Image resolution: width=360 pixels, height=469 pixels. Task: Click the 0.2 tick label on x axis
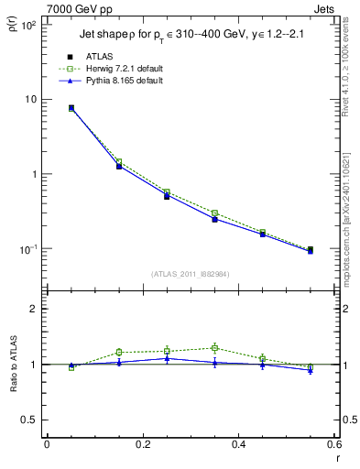pos(142,445)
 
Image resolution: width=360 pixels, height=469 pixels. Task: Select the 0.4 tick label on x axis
pos(238,445)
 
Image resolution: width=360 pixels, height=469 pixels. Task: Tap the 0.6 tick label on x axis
pos(333,445)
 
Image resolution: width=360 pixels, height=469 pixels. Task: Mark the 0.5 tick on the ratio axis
pos(29,420)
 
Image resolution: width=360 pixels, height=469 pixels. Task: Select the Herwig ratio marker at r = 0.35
pos(214,348)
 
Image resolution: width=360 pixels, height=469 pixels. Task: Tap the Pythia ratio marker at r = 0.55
pos(311,370)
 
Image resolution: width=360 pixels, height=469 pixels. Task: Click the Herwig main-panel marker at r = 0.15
pos(119,162)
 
